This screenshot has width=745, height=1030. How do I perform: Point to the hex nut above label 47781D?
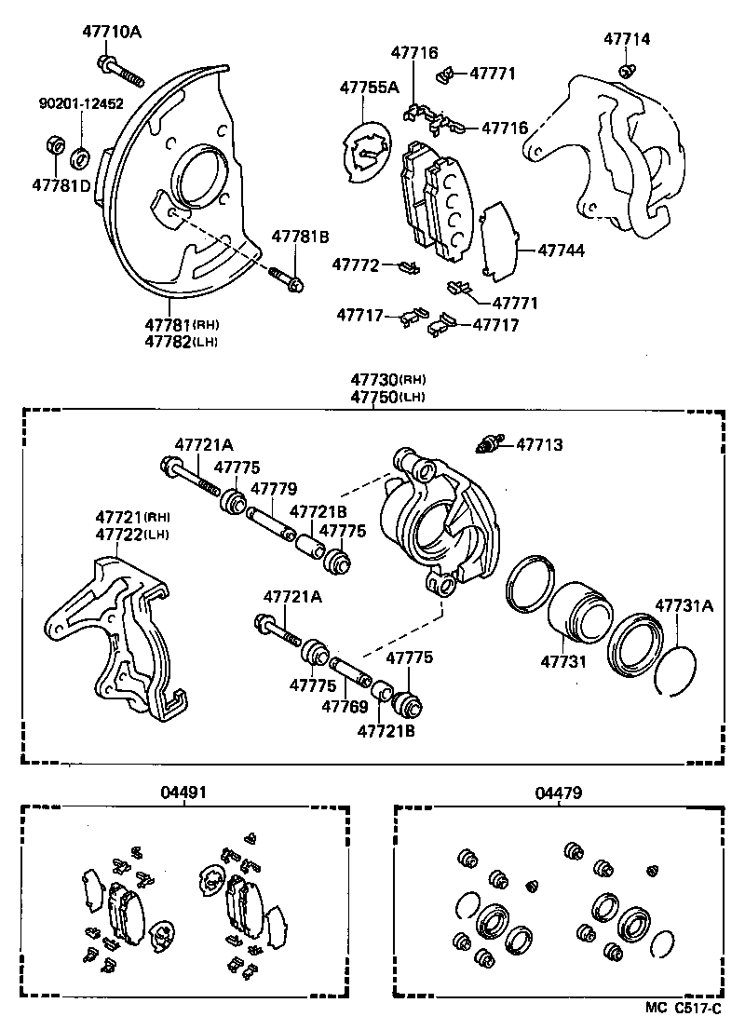click(x=55, y=145)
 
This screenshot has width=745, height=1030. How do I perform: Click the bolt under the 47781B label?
click(x=285, y=278)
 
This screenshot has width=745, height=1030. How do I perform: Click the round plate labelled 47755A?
click(x=367, y=153)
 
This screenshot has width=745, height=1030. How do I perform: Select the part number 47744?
click(x=561, y=251)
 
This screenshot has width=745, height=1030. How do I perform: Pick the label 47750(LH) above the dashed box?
click(x=387, y=396)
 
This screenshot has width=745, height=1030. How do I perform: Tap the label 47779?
click(x=274, y=488)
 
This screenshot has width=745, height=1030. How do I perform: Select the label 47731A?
click(x=684, y=605)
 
